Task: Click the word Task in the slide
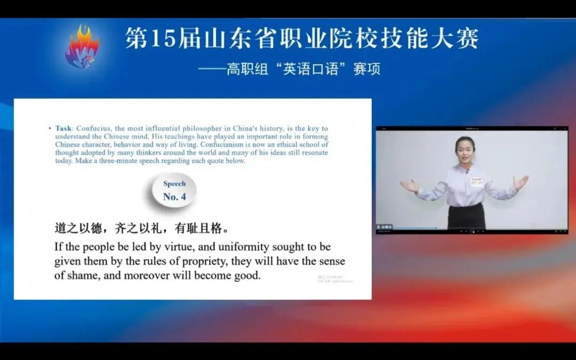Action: tap(64, 129)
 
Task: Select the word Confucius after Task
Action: tap(93, 129)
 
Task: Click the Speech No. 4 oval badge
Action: tap(174, 190)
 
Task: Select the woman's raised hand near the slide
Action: tap(409, 186)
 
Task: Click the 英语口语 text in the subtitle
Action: tap(311, 69)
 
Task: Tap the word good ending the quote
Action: tap(248, 276)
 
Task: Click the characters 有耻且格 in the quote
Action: tap(197, 228)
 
